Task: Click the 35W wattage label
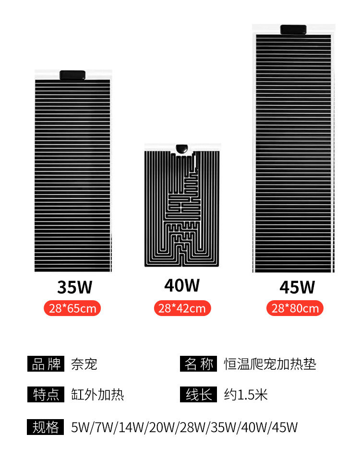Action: point(75,287)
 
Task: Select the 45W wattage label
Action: point(297,287)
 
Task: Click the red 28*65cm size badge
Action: point(72,308)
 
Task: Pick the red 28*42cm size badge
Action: point(182,308)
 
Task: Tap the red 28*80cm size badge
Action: point(295,308)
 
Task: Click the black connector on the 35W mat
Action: point(72,75)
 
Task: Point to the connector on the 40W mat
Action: point(182,149)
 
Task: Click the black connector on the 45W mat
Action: point(293,29)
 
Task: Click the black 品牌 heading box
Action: point(46,364)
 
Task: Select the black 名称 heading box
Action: point(198,364)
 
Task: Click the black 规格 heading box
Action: point(46,427)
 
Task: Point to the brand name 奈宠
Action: point(84,364)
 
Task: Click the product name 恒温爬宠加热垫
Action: point(270,364)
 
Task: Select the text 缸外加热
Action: point(97,395)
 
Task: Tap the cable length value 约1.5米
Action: point(246,395)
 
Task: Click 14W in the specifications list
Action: point(132,428)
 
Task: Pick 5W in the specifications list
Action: point(80,428)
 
